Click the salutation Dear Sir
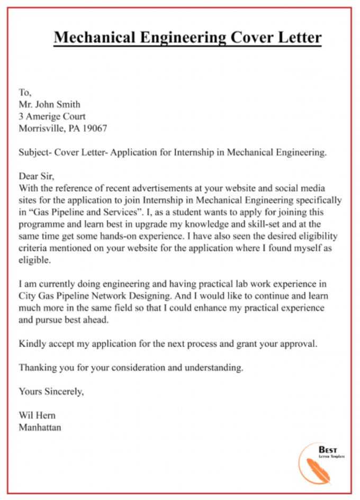(37, 177)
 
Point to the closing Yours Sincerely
(51, 392)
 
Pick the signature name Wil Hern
(37, 415)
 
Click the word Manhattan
(40, 427)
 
